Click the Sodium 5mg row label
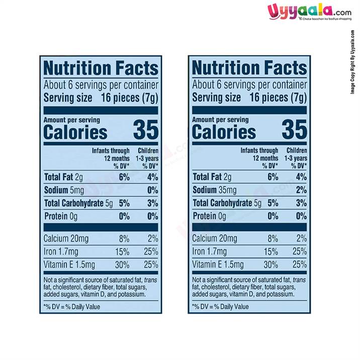tap(64, 190)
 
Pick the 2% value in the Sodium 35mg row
tap(301, 190)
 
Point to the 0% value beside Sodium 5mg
tap(152, 190)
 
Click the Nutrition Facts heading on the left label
tap(101, 68)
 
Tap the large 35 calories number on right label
tap(294, 130)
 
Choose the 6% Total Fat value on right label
tap(273, 177)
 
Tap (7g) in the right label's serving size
tap(297, 98)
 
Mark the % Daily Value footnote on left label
tap(72, 307)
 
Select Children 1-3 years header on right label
tap(297, 158)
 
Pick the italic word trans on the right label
tap(299, 280)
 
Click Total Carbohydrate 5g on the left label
tap(78, 203)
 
